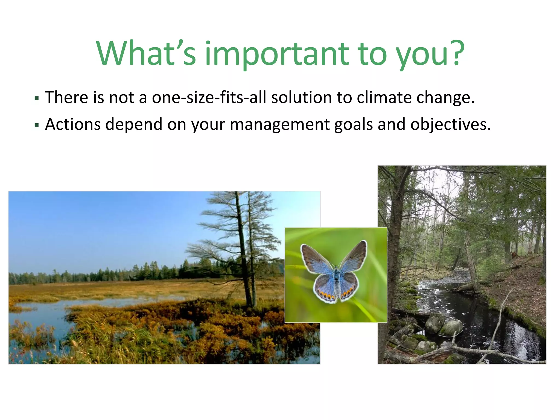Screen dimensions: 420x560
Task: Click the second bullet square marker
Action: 37,126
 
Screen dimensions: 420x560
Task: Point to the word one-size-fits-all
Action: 209,97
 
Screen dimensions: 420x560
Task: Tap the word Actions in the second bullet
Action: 73,124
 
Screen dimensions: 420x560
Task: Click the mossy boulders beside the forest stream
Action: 443,325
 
